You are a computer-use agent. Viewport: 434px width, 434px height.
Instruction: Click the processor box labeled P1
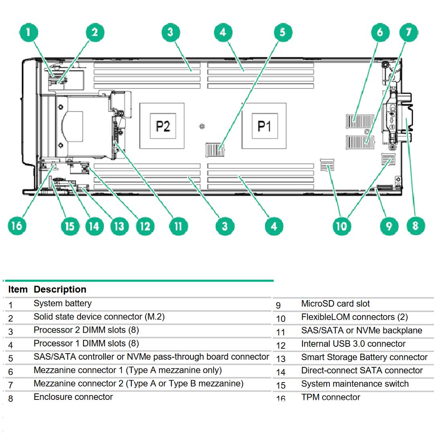click(264, 126)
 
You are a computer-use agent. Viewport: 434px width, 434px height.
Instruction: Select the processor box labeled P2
click(162, 126)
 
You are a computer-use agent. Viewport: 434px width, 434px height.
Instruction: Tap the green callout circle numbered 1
click(28, 33)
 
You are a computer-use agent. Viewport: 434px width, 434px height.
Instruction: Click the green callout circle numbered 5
click(283, 32)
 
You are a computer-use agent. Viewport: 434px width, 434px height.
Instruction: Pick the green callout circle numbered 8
click(416, 226)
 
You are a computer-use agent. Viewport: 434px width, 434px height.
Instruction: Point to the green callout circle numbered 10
click(341, 226)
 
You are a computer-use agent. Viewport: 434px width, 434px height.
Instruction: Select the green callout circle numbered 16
click(17, 226)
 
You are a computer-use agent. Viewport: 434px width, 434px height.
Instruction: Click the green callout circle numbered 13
click(119, 226)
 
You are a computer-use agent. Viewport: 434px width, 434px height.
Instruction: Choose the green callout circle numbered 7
click(409, 32)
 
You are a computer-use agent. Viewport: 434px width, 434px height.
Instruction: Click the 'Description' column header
click(60, 289)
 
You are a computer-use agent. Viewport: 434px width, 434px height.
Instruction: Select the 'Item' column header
click(18, 289)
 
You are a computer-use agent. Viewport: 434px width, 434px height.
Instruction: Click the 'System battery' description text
click(62, 303)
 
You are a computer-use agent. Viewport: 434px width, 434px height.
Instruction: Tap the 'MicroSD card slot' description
click(335, 304)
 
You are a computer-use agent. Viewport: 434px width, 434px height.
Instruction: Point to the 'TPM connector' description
click(330, 397)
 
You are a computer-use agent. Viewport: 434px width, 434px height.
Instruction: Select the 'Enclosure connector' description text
click(73, 397)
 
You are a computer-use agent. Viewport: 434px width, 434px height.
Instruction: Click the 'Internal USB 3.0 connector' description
click(353, 344)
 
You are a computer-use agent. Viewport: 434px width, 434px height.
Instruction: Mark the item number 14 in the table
click(280, 372)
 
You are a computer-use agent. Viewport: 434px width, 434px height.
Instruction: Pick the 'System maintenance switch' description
click(355, 384)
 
